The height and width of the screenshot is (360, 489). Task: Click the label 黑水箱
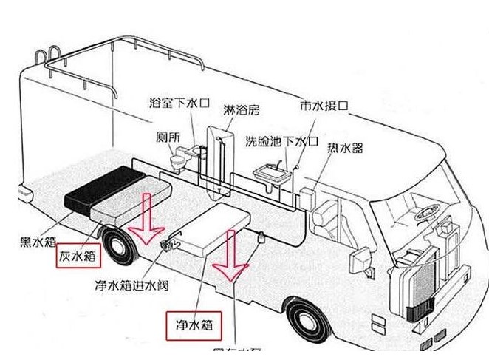35,241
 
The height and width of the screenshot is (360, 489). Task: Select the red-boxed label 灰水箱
77,256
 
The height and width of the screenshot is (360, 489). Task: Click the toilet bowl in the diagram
179,157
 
